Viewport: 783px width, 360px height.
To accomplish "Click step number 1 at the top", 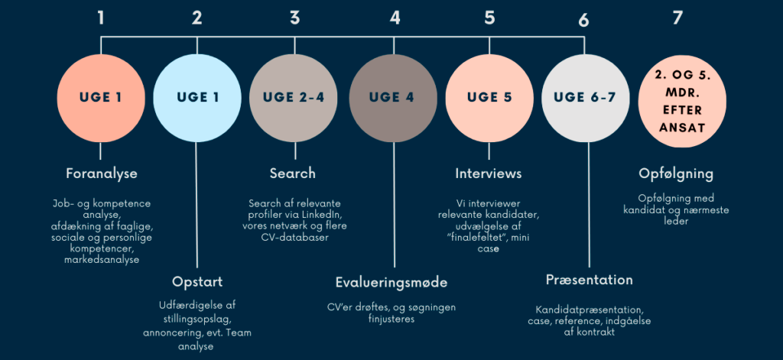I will coord(101,17).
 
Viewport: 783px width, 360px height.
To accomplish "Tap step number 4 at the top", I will coord(395,17).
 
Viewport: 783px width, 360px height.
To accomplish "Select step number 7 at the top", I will coord(677,17).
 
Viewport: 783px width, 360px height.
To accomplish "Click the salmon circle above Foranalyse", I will coord(100,97).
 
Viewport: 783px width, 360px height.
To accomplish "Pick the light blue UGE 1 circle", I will coord(197,97).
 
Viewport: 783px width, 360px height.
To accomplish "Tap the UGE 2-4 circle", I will coord(293,97).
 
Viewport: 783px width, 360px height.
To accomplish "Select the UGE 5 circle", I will coord(489,97).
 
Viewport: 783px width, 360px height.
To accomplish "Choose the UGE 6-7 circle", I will coord(586,97).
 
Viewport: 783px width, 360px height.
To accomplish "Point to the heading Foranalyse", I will coord(101,174).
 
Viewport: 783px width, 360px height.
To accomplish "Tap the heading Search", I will coord(293,174).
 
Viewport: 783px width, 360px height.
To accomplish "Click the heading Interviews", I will coord(489,174).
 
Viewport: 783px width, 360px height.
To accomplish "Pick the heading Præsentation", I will coord(589,280).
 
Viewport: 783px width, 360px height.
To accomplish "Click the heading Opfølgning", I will coord(676,174).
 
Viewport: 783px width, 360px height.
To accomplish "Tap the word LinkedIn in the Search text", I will coord(319,215).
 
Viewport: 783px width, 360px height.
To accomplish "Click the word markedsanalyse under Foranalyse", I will coord(102,261).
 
